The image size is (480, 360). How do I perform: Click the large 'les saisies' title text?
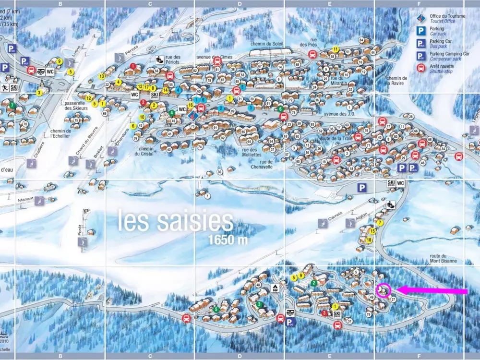[175, 221]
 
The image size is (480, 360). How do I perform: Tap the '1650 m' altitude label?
[228, 240]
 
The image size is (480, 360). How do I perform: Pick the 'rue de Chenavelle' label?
[262, 165]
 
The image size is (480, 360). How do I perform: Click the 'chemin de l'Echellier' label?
[60, 134]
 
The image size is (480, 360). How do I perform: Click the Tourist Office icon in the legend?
[421, 19]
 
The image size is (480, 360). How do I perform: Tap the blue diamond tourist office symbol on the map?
[194, 115]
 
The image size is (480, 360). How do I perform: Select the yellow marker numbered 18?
[369, 240]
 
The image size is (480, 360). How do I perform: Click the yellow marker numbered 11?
[336, 49]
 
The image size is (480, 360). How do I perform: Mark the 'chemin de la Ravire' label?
[397, 81]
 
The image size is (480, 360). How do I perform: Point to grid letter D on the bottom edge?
[240, 356]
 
